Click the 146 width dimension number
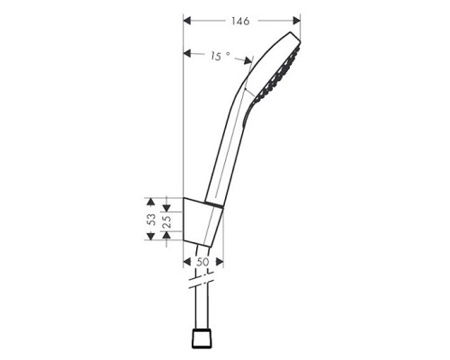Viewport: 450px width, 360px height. tap(240, 20)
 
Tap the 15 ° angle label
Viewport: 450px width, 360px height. tap(219, 57)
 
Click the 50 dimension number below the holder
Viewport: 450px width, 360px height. tap(203, 261)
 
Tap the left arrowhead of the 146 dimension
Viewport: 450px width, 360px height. tap(186, 20)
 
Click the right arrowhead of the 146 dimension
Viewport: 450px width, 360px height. tap(297, 20)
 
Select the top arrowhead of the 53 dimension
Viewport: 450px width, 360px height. tap(150, 202)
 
